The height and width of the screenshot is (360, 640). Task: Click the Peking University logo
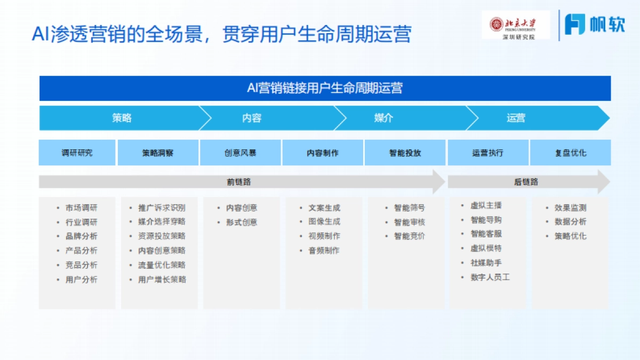515,25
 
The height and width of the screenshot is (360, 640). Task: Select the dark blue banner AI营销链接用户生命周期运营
325,88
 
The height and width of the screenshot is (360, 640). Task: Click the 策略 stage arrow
122,118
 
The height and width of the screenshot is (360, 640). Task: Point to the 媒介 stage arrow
383,118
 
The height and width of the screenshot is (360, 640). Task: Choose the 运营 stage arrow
516,118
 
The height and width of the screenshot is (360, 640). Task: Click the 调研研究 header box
77,153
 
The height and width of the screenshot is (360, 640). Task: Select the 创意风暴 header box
241,153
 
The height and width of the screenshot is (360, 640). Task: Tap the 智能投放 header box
405,153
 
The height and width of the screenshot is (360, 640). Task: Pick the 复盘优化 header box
570,153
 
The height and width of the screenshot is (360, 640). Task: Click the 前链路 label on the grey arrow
238,182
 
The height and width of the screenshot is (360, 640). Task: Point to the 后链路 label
526,182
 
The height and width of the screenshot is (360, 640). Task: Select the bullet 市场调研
82,208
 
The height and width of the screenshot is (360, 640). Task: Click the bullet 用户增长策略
162,279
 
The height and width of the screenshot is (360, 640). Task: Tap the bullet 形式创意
242,222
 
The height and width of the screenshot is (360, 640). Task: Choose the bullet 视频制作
324,236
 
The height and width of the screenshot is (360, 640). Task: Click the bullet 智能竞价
410,236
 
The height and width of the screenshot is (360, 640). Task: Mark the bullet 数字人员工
490,277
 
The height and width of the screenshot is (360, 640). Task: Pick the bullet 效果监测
570,208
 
